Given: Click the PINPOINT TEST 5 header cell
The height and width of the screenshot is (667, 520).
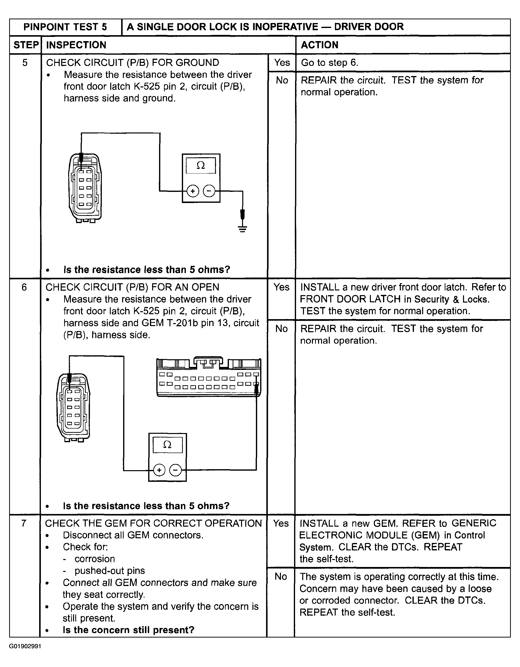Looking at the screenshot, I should (x=65, y=27).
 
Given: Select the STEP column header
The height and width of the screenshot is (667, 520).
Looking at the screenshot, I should (x=26, y=45).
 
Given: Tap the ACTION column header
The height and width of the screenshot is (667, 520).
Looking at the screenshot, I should (x=320, y=45).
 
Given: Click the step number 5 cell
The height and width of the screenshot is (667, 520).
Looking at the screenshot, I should (x=25, y=63).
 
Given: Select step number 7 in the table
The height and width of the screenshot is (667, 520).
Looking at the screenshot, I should (x=24, y=523).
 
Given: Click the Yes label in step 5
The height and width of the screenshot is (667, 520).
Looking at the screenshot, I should (x=282, y=63).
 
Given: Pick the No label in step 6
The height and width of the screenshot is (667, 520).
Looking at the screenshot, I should (x=281, y=329).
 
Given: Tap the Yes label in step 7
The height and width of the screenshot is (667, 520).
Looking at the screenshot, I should (x=280, y=523).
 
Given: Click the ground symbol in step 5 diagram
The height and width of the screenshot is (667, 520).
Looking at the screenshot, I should (x=243, y=229).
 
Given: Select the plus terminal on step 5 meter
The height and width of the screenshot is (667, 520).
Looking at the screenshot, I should (x=192, y=191).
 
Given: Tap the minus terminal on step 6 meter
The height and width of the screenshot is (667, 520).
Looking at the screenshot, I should (x=175, y=470).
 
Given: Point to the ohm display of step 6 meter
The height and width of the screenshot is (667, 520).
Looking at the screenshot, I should (x=167, y=445).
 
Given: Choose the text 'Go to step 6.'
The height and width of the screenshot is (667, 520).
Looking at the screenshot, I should (x=329, y=63).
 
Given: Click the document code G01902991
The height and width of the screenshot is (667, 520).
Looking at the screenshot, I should (x=25, y=646).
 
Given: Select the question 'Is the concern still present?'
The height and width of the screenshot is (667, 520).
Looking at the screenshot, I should (x=128, y=630).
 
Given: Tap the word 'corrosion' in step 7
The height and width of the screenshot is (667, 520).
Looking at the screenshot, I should (x=95, y=559).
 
